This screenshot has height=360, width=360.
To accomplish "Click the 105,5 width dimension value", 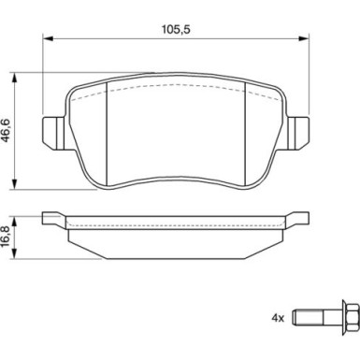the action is tap(176, 30).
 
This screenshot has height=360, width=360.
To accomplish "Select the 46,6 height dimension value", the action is tap(7, 130).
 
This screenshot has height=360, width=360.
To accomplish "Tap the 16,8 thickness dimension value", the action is tap(7, 237).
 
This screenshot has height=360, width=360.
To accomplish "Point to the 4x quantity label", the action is tap(278, 318).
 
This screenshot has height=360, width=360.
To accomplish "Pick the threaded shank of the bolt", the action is tap(308, 318).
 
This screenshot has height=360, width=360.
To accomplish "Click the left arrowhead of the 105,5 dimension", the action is tap(49, 38).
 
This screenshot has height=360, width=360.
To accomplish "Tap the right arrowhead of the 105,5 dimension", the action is tap(303, 38).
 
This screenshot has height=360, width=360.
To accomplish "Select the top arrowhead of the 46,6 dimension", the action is tap(14, 79).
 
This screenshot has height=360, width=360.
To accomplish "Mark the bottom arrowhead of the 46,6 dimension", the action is tap(14, 183).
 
